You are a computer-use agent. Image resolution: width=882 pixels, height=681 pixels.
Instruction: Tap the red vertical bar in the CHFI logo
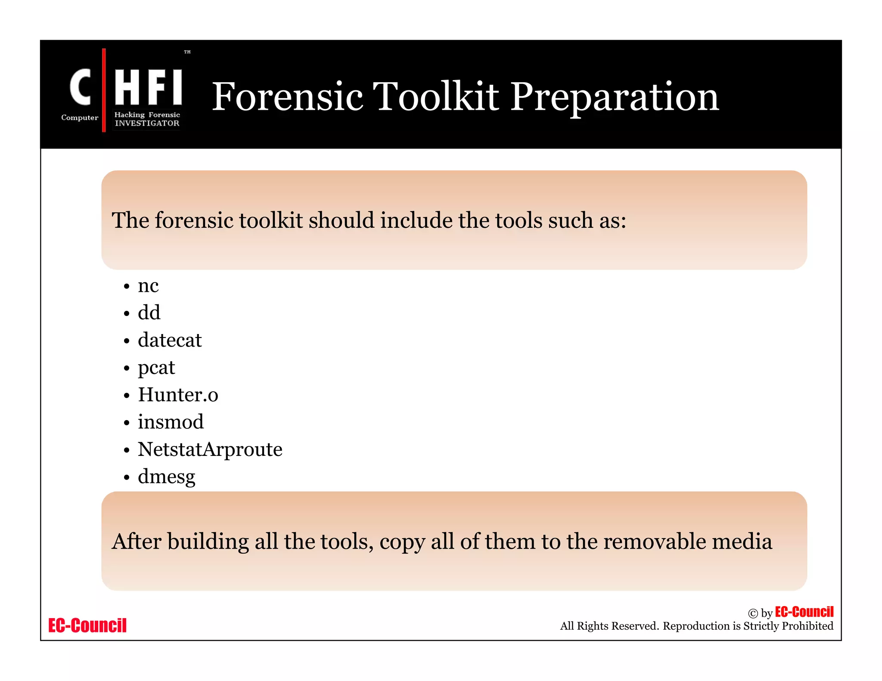tap(104, 90)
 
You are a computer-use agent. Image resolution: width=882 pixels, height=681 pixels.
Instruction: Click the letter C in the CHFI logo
tap(81, 87)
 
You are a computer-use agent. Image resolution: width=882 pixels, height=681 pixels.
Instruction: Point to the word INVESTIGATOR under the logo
tap(147, 123)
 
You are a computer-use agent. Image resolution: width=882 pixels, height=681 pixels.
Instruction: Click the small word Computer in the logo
tap(80, 118)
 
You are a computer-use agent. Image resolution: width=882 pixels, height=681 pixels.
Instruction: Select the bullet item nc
tap(148, 285)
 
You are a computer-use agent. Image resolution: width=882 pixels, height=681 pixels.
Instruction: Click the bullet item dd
tap(149, 313)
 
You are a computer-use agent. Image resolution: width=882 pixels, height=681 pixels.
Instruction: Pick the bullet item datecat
tap(170, 340)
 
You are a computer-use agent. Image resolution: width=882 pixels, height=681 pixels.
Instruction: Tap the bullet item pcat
tap(156, 368)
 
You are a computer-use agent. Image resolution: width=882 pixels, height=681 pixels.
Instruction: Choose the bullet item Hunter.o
tap(178, 395)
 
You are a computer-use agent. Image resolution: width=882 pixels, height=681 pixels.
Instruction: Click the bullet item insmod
tap(171, 422)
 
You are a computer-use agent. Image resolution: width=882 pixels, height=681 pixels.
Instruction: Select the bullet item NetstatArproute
tap(210, 449)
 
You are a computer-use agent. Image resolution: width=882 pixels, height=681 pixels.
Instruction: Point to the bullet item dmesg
tap(166, 477)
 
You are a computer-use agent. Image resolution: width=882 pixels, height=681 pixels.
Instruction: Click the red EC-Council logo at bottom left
tap(87, 625)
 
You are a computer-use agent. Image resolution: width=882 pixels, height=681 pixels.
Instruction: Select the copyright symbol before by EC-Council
tap(753, 613)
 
